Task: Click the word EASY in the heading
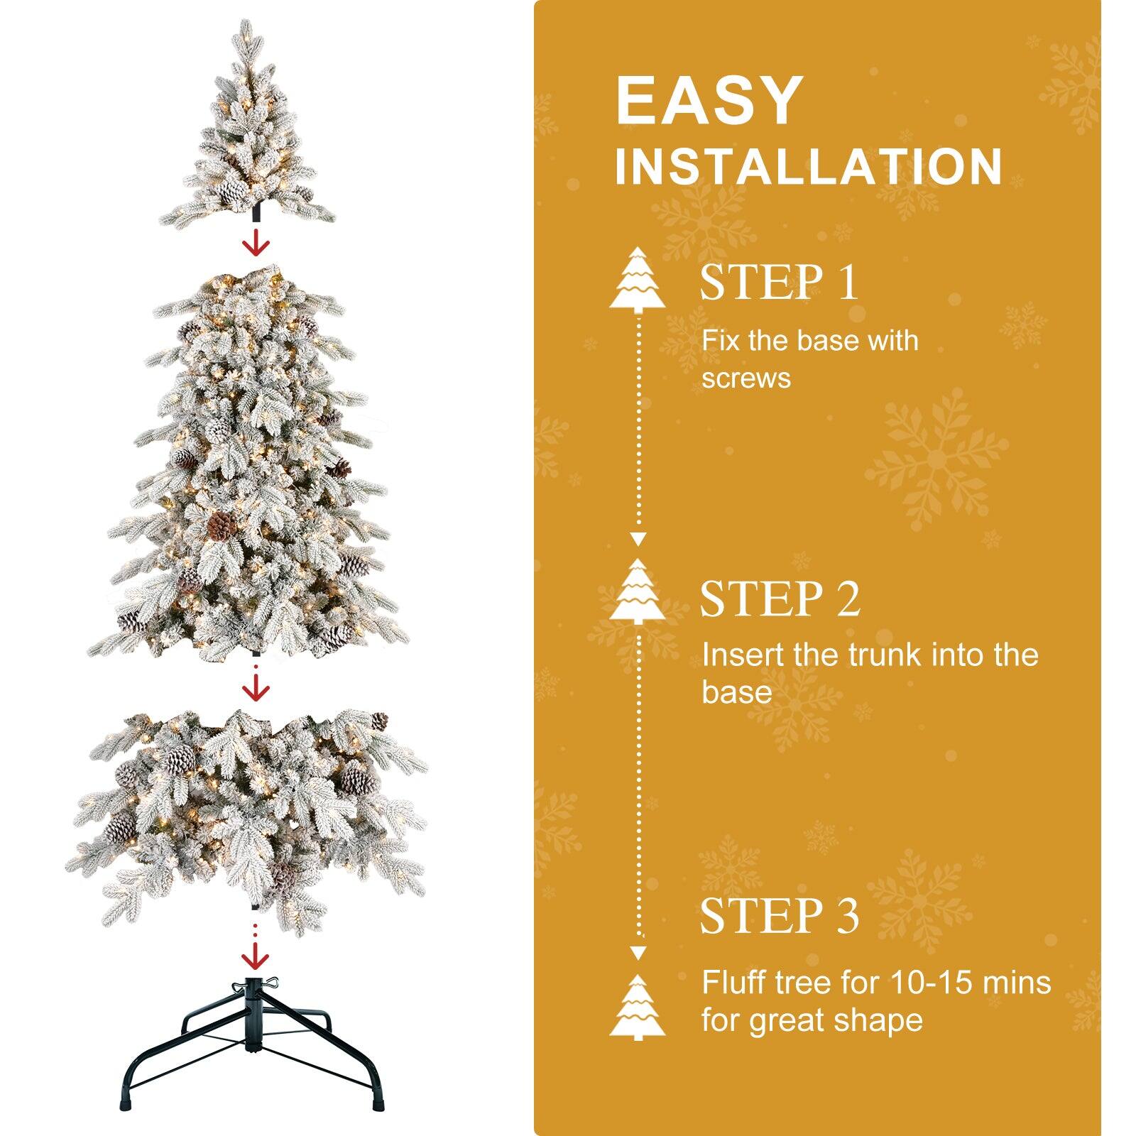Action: coord(709,101)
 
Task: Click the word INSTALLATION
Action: coord(808,167)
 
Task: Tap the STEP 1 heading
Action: coord(779,282)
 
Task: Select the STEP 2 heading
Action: coord(780,599)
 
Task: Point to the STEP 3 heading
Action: coord(779,915)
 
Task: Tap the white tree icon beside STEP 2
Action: coord(638,591)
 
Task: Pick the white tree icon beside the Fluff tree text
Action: coord(638,1007)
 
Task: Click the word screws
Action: coord(745,378)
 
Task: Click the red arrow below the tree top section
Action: coord(256,244)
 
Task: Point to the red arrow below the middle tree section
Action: coord(256,687)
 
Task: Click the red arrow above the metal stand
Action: coord(256,958)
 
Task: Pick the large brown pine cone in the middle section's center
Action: coord(222,525)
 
